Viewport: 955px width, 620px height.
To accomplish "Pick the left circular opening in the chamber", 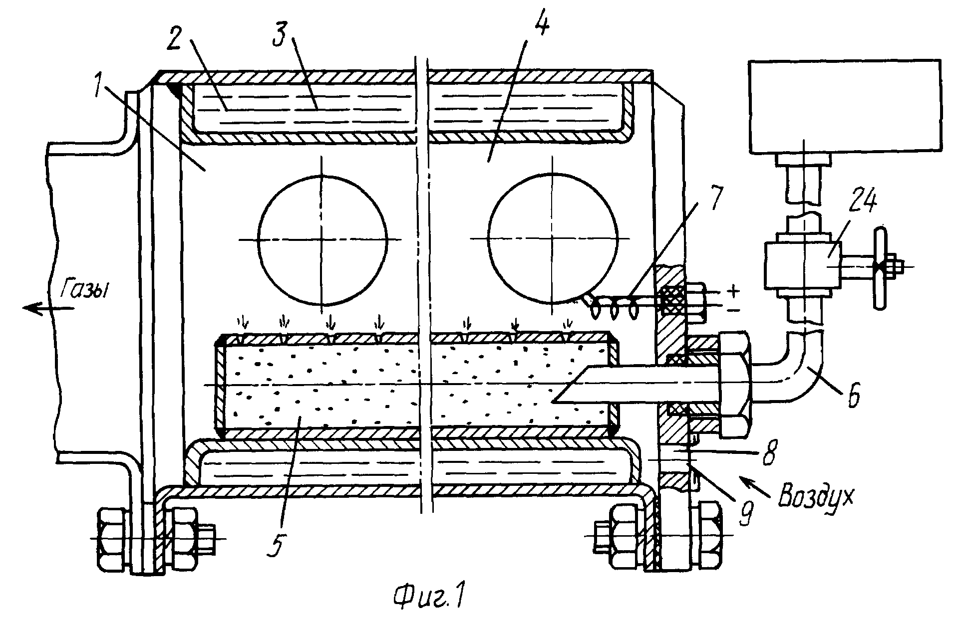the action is [322, 240].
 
